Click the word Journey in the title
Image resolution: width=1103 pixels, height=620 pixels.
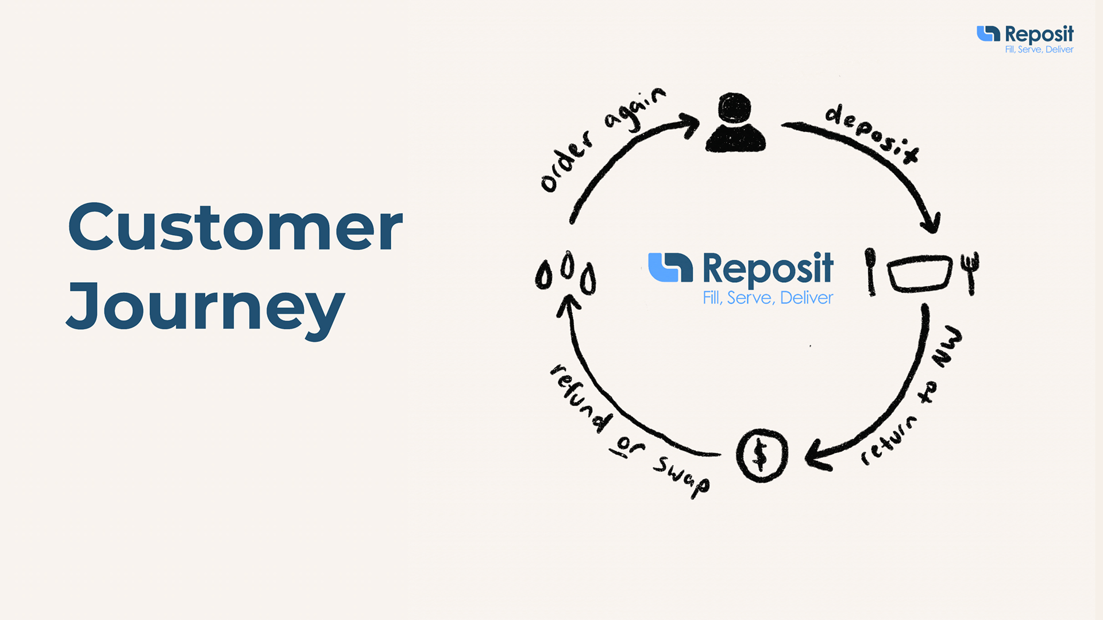click(206, 309)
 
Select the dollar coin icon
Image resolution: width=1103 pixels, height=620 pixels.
click(762, 455)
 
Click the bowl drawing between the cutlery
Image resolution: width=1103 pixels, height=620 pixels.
click(920, 274)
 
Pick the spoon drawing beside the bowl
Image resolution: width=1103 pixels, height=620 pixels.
click(871, 272)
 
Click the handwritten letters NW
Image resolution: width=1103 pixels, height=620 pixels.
click(947, 347)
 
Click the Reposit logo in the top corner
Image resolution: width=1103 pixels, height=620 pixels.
click(1025, 39)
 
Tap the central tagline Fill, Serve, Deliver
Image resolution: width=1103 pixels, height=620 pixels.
click(768, 298)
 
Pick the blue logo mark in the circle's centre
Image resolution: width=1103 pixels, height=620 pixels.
click(670, 267)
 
